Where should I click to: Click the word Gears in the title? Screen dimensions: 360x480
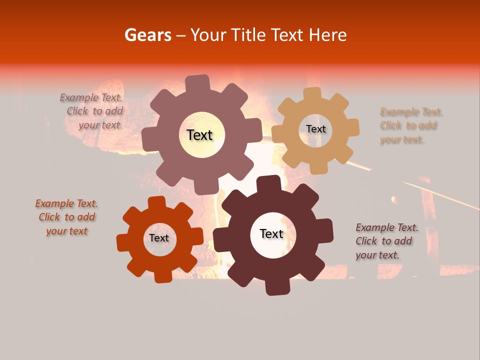pos(147,35)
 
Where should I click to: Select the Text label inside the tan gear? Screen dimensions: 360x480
pos(315,129)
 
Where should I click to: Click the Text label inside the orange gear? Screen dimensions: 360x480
pos(159,238)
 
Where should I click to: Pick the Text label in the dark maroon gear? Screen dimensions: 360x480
pos(271,234)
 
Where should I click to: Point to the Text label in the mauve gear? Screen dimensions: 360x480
pos(199,135)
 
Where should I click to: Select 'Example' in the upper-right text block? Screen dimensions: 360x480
pos(396,112)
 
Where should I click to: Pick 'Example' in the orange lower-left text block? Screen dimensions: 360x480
pos(51,204)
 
